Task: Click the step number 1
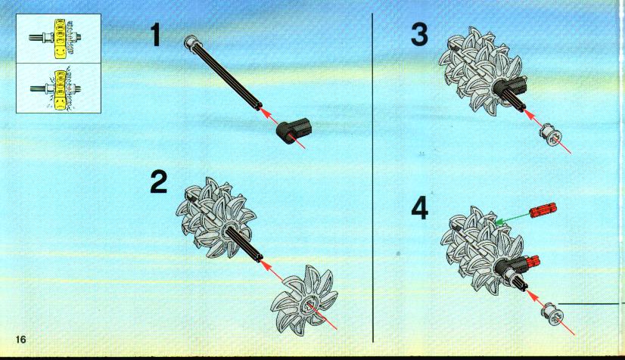point(155,35)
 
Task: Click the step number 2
point(159,182)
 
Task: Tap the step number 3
point(419,34)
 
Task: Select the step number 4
point(420,208)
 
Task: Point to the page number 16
point(20,340)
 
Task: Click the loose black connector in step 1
point(294,131)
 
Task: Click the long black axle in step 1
point(224,73)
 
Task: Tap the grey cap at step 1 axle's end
point(190,42)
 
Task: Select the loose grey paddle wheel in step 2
point(304,297)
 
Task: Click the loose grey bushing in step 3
point(552,134)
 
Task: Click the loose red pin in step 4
point(543,209)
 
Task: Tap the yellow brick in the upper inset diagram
point(60,38)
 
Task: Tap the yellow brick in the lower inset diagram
point(61,88)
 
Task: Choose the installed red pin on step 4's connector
point(531,262)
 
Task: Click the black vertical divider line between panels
point(373,178)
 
